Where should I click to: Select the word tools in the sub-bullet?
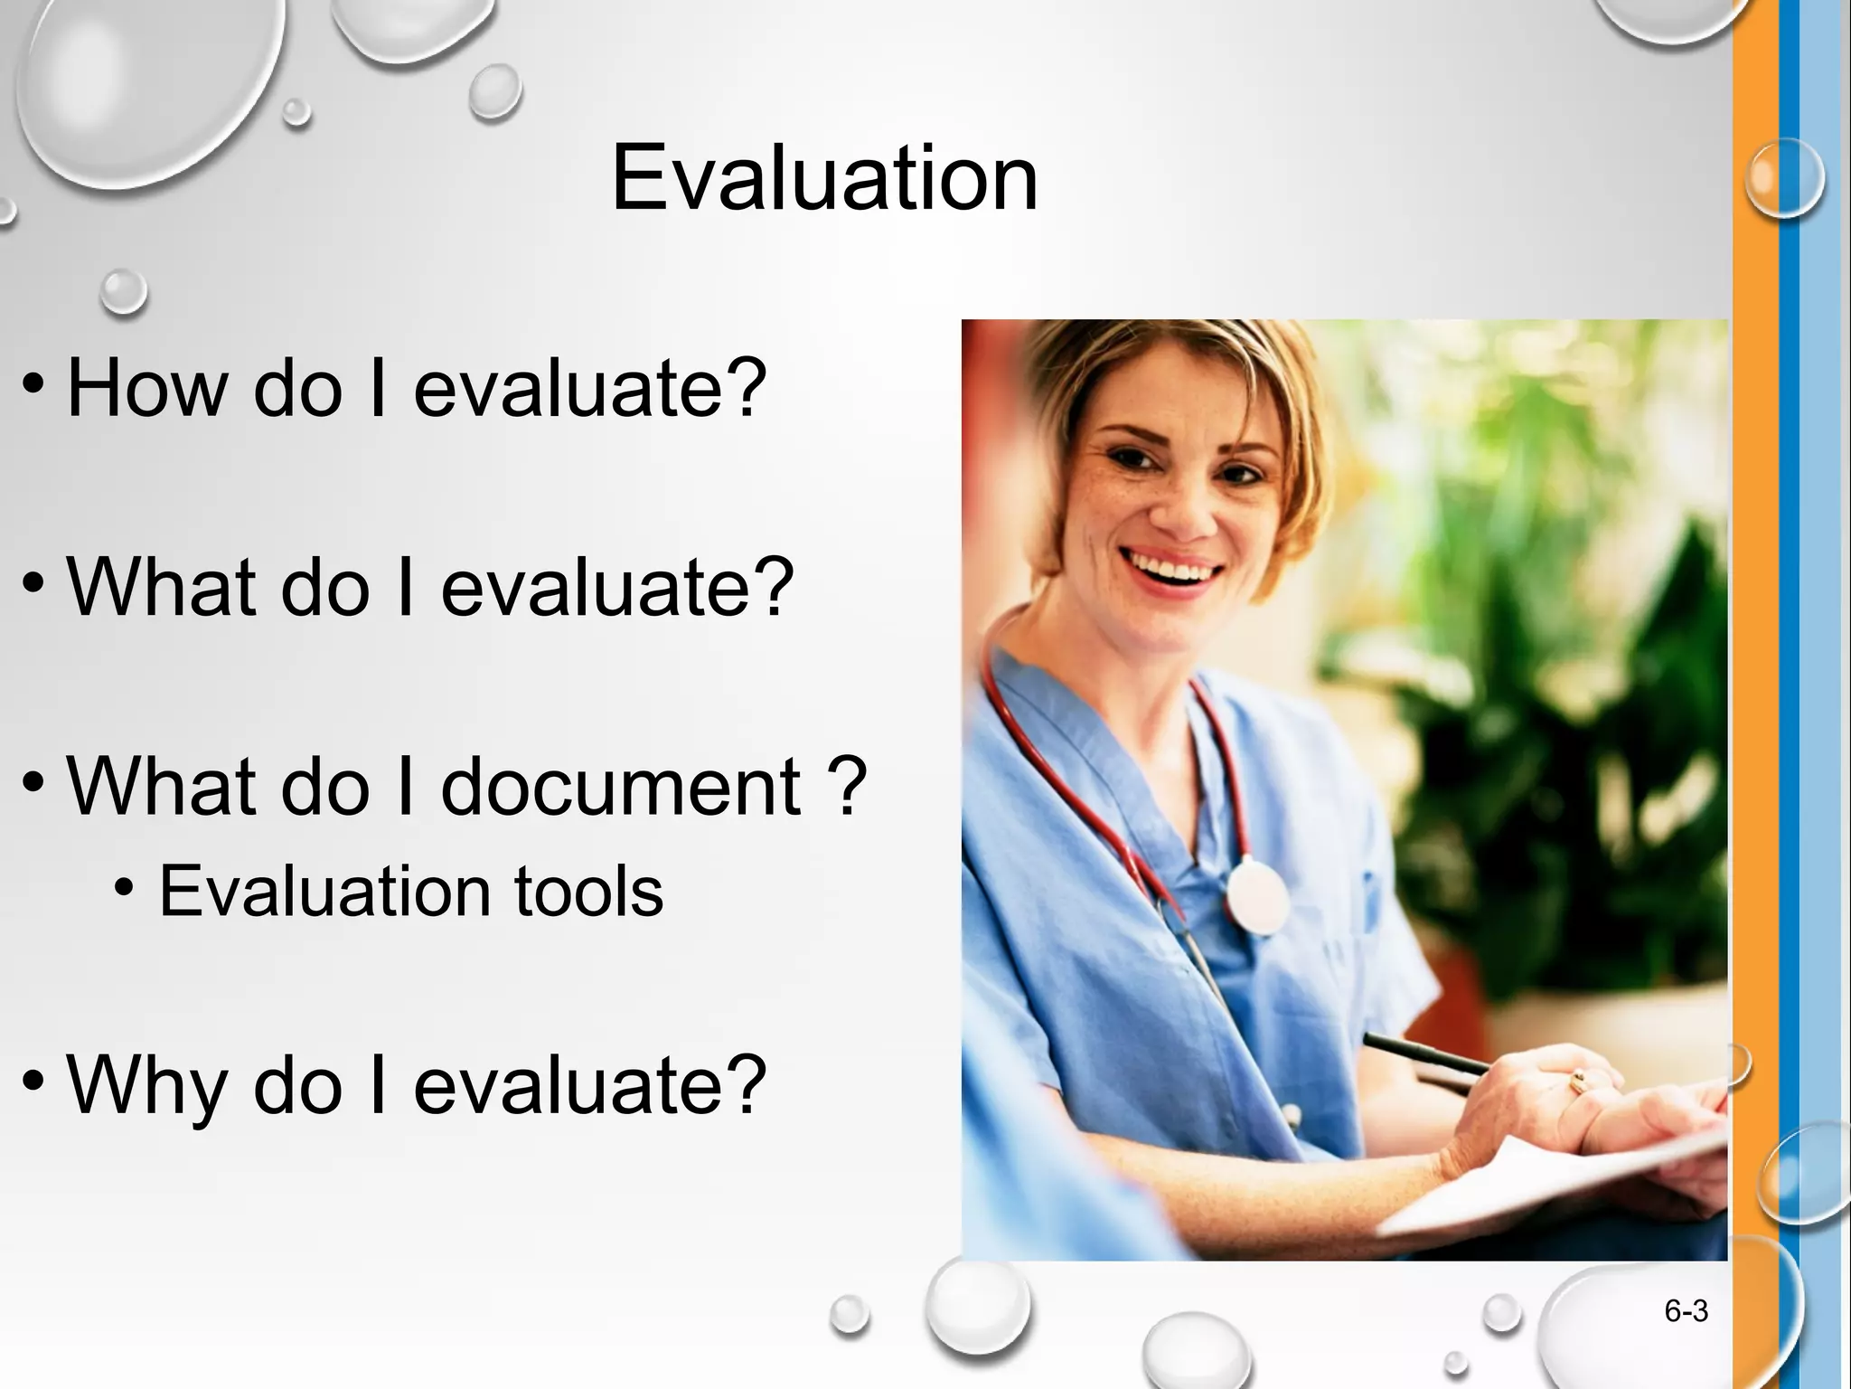[x=588, y=892]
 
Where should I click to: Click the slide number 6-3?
[x=1686, y=1311]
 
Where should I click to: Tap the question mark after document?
[x=847, y=786]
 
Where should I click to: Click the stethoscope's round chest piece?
[x=1257, y=896]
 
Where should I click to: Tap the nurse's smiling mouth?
[x=1171, y=570]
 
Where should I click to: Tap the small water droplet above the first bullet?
[x=123, y=292]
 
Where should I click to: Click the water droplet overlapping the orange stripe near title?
[x=1783, y=178]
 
